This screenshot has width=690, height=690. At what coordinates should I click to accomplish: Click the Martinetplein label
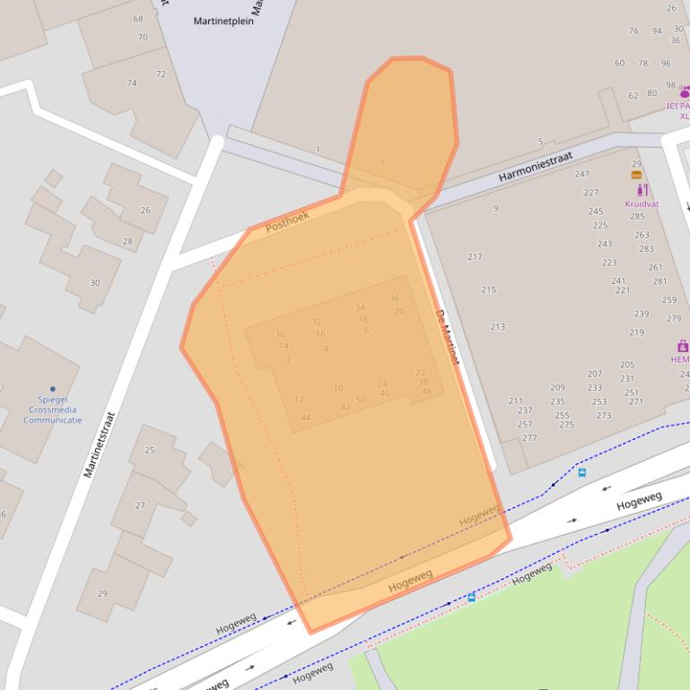coord(223,21)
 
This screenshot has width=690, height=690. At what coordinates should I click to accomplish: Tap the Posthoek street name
coord(288,220)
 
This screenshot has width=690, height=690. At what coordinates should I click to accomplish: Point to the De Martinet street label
coord(447,337)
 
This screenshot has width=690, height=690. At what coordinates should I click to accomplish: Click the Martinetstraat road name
coord(100,444)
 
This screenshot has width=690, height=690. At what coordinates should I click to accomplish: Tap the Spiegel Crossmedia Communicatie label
coord(52,410)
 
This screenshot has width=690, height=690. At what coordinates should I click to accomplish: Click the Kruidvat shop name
coord(642,203)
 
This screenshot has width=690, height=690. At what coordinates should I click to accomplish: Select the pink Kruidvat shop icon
coord(642,190)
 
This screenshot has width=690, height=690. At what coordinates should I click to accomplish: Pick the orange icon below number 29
coord(636,175)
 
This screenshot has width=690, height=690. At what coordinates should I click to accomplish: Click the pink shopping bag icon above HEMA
coord(682,346)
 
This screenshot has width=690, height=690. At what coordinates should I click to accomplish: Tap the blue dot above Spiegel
coord(52,389)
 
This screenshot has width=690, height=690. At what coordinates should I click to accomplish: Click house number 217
coord(475,257)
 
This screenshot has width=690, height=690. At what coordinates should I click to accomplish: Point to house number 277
coord(529,438)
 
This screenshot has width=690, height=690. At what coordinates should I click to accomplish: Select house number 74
coord(132,83)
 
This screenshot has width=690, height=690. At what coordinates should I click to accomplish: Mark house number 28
coord(127,241)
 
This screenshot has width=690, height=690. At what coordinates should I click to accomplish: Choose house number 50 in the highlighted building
coord(361,400)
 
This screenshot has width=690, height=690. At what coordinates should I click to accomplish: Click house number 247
coord(581,174)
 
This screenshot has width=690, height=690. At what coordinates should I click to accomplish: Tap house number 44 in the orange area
coord(306,418)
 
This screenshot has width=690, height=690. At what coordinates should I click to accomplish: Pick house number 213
coord(497,327)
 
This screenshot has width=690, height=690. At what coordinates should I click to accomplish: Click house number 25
coord(150,450)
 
